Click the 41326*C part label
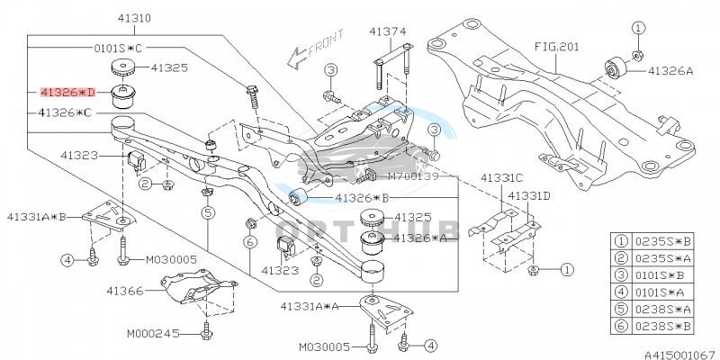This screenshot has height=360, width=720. pyautogui.click(x=65, y=113)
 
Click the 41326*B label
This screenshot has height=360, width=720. pyautogui.click(x=347, y=196)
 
